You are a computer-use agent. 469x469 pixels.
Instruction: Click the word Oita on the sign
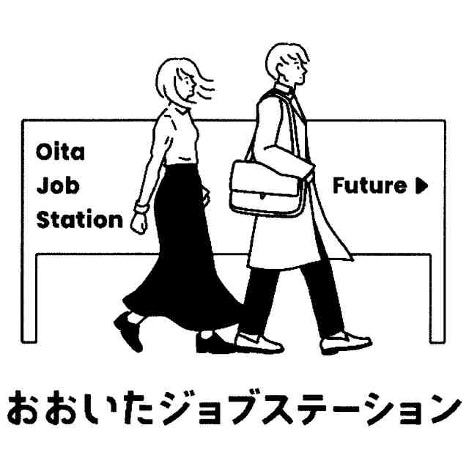tap(60, 153)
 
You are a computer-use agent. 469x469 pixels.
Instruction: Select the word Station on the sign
tap(80, 219)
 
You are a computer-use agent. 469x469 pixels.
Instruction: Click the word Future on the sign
tap(369, 185)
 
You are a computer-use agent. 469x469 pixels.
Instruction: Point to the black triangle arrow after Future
tap(421, 185)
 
